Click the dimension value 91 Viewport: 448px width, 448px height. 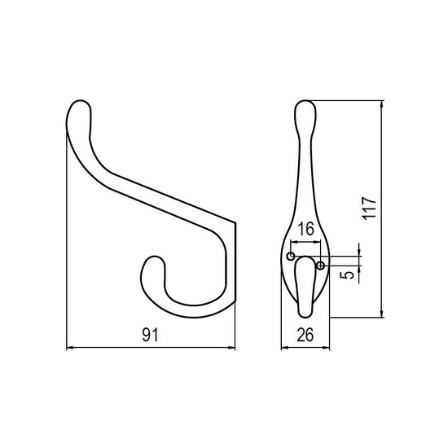pos(150,335)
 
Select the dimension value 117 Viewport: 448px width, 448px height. pos(369,209)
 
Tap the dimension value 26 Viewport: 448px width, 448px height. pos(305,335)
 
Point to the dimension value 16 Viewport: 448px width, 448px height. pos(305,229)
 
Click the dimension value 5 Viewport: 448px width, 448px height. pos(347,275)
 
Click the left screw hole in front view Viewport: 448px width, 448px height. pos(291,257)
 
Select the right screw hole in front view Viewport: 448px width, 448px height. pos(321,266)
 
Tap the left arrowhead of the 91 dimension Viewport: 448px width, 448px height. pos(70,348)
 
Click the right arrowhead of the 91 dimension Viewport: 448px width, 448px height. pos(231,348)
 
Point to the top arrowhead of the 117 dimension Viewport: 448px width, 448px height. pos(382,104)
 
